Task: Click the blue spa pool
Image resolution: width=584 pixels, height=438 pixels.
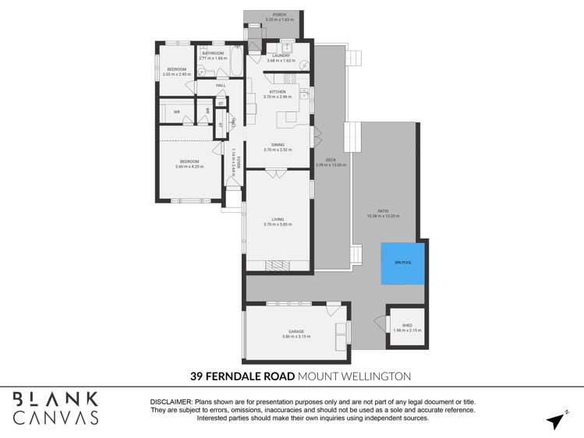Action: (402, 263)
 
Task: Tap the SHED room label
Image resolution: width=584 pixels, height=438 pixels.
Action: (406, 326)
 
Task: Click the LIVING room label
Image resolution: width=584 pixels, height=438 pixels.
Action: (278, 220)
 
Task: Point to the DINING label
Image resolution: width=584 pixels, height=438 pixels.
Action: (278, 144)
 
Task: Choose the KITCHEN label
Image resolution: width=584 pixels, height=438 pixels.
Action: (278, 92)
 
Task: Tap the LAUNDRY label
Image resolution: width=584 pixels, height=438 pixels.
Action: (281, 55)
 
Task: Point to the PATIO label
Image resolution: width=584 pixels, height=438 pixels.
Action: (383, 210)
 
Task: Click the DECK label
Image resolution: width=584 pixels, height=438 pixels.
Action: (331, 160)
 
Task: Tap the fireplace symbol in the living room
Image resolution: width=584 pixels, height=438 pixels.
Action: (277, 264)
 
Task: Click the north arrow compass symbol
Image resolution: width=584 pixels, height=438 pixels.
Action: (556, 420)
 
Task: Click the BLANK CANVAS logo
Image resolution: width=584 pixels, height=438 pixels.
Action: (55, 408)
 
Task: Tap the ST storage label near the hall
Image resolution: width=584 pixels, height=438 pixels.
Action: (221, 103)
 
